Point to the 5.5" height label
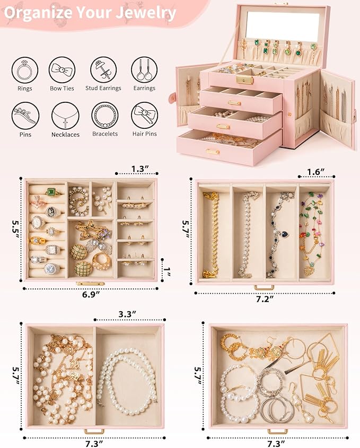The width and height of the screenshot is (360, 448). pos(14,229)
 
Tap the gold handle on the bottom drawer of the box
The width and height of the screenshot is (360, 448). pos(213,152)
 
